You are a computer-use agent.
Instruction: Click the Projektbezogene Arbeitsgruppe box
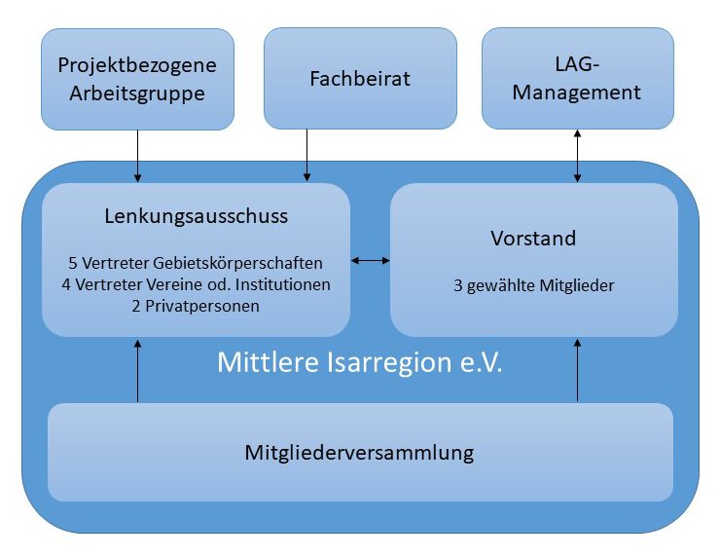(137, 79)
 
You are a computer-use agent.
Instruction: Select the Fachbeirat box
(360, 79)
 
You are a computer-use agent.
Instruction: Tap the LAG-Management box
(578, 79)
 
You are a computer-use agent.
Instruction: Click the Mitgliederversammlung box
(360, 453)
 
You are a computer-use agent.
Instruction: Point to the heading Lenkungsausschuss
(196, 216)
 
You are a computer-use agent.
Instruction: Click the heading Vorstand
(533, 239)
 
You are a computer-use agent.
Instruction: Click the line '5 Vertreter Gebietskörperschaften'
(196, 263)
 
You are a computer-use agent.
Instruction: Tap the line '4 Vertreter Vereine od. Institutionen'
(196, 284)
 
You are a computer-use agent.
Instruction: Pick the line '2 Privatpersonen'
(196, 306)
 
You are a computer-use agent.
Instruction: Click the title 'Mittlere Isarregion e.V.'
(359, 362)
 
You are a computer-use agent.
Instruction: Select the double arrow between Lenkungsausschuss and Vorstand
(370, 260)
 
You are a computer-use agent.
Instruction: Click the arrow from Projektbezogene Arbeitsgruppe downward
(137, 156)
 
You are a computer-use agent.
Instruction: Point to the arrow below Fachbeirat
(307, 156)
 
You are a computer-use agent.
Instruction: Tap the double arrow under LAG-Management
(578, 156)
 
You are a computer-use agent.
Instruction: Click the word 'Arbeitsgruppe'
(137, 93)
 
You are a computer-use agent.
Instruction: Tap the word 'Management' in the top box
(578, 93)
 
